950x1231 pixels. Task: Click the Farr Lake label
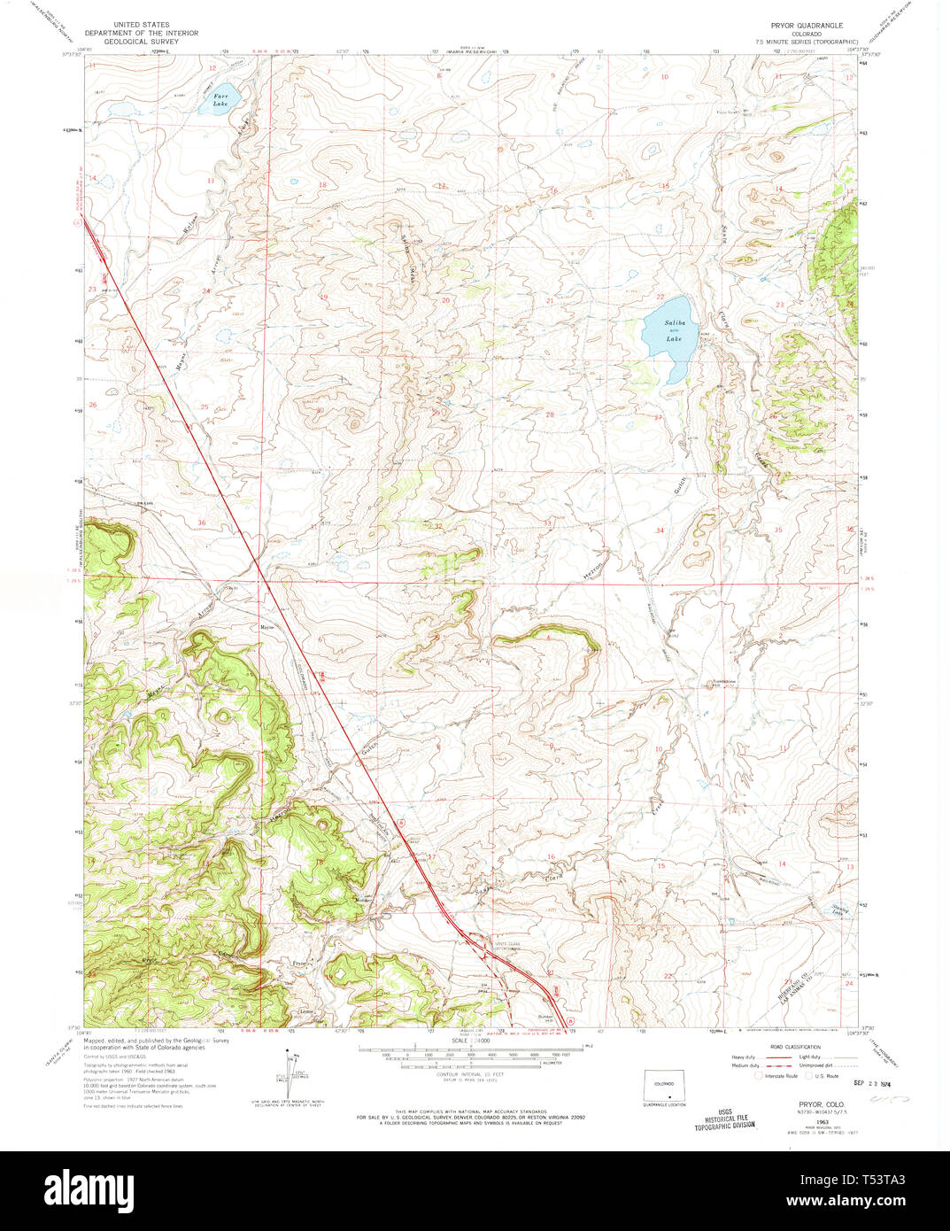pos(220,101)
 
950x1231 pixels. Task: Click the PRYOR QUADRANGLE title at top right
pos(806,26)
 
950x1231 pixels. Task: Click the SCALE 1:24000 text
pos(470,1041)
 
